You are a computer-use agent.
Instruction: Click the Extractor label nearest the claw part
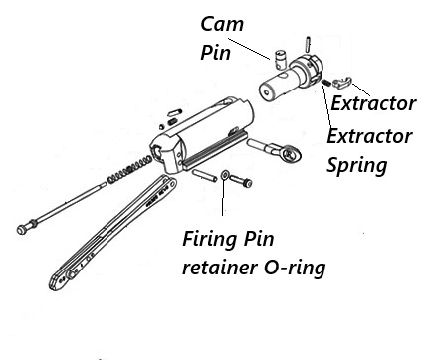[373, 103]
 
